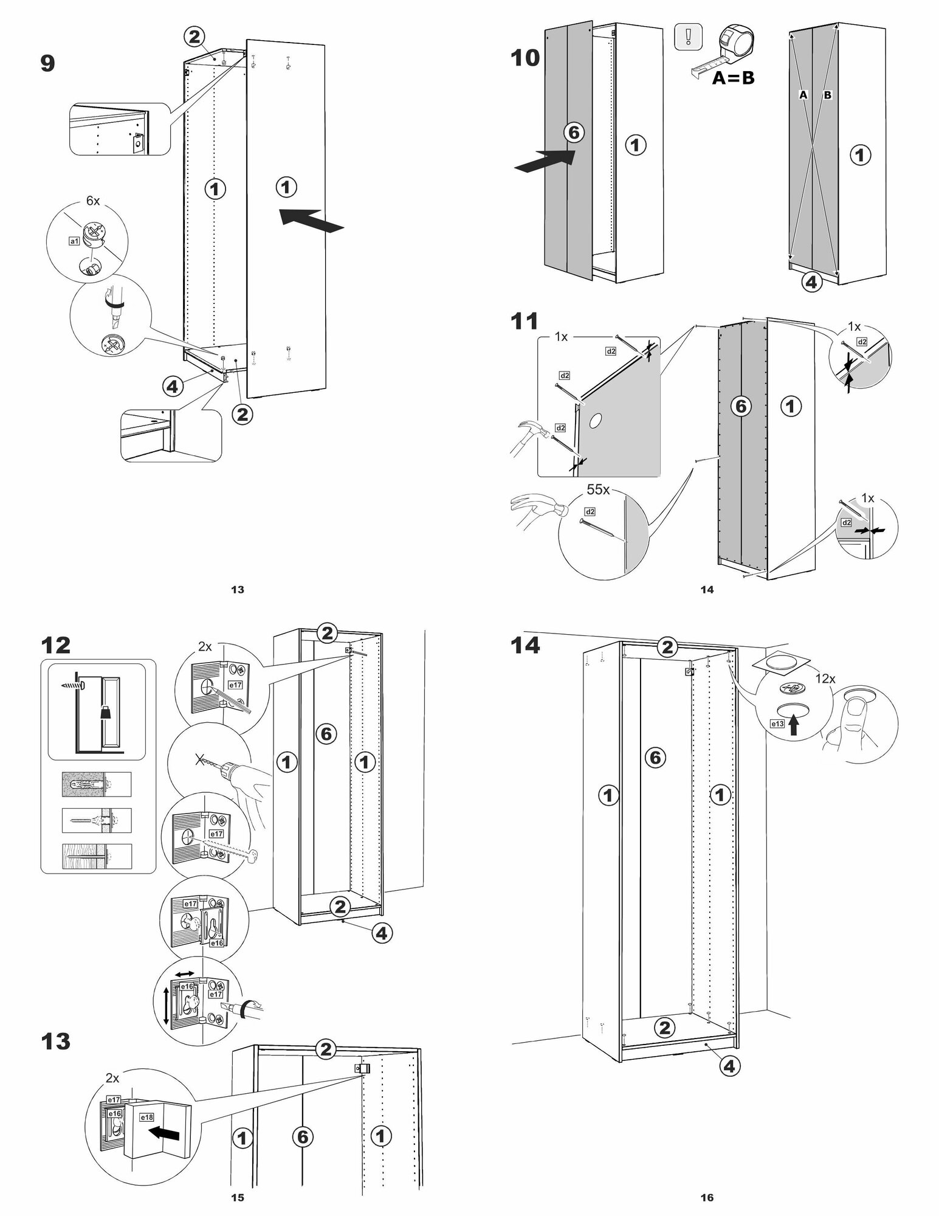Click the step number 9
47,63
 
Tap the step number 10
525,58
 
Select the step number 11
524,320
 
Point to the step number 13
55,1042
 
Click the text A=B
733,78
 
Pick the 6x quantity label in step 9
92,201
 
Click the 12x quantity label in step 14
825,679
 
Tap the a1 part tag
74,241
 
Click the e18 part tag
146,1117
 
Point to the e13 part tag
777,724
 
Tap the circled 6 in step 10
574,132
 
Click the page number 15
238,1198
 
